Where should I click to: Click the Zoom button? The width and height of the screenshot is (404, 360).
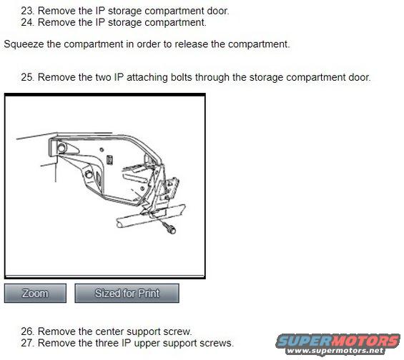coord(35,293)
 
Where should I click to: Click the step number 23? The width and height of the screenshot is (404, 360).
coord(28,11)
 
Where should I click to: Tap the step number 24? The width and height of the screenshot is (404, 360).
coord(28,22)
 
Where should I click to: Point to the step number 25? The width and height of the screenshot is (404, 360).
coord(28,77)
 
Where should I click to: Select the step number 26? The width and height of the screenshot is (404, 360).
coord(28,331)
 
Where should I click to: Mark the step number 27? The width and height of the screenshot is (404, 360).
coord(28,343)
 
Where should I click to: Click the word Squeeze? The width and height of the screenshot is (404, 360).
coord(24,44)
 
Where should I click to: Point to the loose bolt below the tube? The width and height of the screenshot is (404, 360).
coord(169,228)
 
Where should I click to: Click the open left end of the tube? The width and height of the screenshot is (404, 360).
coord(119,224)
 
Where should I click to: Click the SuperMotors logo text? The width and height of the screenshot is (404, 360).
coord(338,341)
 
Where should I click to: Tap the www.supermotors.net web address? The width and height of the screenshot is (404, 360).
coord(335,351)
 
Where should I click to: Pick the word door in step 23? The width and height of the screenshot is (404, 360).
coord(218,11)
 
